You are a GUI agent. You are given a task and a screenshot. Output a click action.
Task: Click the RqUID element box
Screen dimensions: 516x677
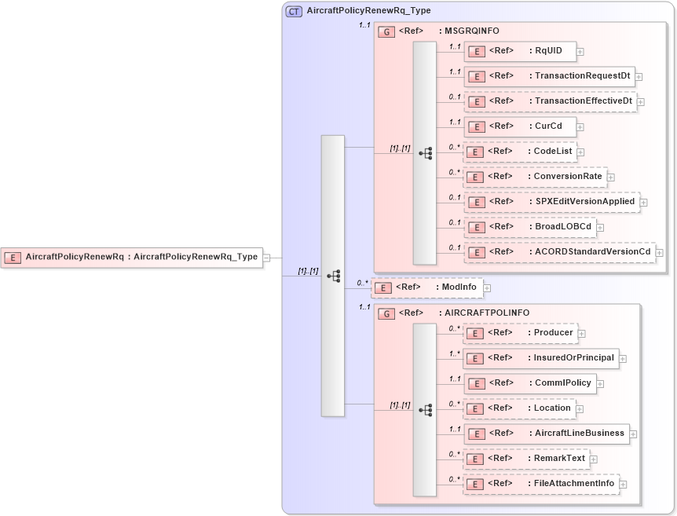[x=520, y=51]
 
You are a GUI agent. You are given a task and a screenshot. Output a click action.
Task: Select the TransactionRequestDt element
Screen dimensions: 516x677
[x=549, y=76]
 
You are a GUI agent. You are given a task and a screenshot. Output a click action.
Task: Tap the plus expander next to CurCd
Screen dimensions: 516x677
[x=580, y=126]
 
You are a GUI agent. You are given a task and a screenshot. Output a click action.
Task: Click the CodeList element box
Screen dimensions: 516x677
[x=519, y=151]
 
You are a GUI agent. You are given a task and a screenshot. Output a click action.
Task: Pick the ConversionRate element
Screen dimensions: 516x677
[x=535, y=177]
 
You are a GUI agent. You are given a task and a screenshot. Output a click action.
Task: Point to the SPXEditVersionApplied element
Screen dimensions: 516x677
[x=551, y=202]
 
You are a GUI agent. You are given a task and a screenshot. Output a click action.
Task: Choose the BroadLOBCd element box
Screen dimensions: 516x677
[x=529, y=227]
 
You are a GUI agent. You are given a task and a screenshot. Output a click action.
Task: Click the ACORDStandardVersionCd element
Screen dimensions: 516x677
[x=559, y=252]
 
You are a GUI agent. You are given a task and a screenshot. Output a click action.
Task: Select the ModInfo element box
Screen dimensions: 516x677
[x=426, y=287]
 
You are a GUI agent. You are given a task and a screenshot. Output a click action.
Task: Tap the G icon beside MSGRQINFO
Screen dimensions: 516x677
[x=386, y=31]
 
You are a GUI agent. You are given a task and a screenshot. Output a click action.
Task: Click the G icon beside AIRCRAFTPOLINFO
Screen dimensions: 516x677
[x=386, y=313]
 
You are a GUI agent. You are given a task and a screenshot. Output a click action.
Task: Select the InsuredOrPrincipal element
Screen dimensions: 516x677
[x=540, y=358]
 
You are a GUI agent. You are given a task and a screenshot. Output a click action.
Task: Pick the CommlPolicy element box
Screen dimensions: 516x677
[x=529, y=383]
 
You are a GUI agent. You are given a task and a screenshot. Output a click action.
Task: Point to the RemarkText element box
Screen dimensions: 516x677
[x=525, y=459]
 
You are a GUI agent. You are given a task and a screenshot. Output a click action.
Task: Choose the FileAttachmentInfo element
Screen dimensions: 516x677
[x=540, y=484]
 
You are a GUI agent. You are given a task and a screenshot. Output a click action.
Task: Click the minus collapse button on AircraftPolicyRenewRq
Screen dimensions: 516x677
[x=267, y=257]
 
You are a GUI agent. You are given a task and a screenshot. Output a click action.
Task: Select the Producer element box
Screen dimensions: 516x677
[x=520, y=333]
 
